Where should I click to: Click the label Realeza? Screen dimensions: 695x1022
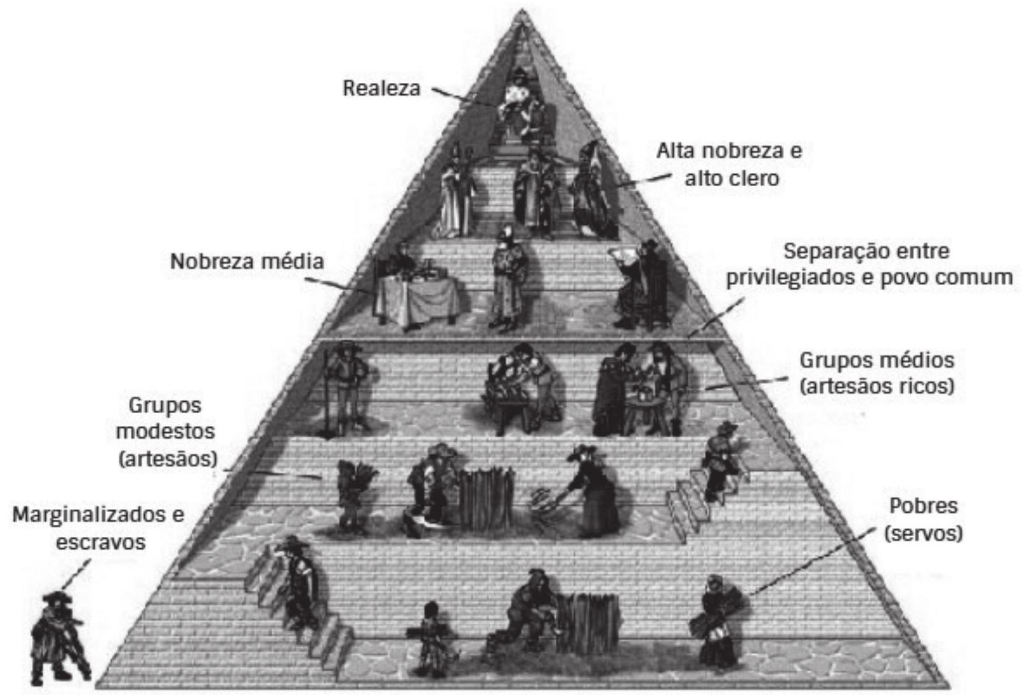coord(381,88)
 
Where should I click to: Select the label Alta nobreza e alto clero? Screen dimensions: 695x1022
coord(730,165)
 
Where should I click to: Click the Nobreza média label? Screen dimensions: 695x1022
coord(247,261)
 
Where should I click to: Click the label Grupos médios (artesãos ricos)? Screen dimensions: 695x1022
coord(877,374)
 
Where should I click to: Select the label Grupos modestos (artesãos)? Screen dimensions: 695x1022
coord(166,432)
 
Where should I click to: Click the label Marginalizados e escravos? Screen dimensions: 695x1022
coord(99,527)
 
